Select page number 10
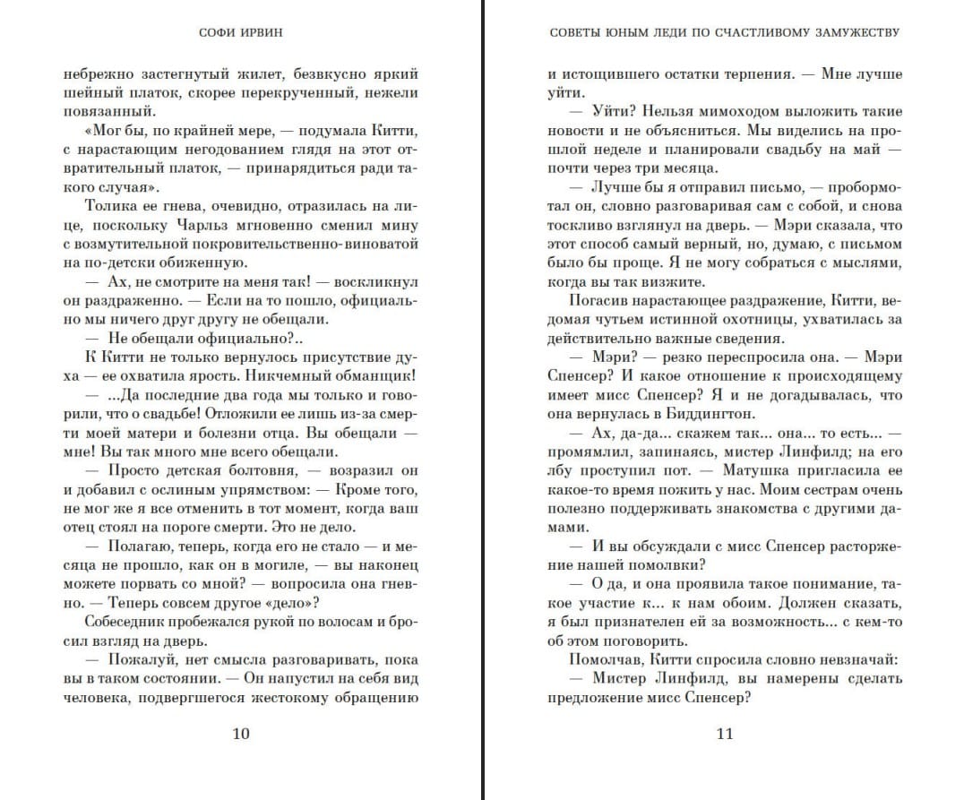241,734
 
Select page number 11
725,734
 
